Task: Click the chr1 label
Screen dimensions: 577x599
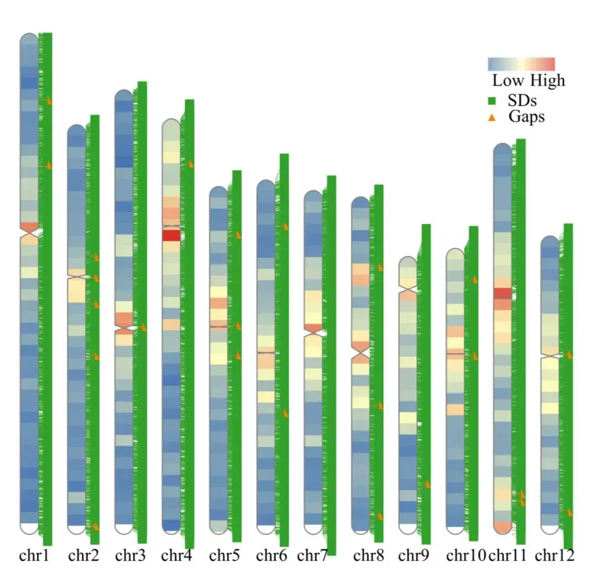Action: point(34,555)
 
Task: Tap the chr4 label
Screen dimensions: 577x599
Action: point(176,555)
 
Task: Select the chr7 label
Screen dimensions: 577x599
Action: point(312,555)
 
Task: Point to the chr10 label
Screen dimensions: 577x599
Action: point(466,555)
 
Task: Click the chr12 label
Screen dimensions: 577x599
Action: point(555,555)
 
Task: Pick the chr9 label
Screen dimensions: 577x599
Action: point(413,555)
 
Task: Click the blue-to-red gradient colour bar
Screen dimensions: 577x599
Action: point(521,64)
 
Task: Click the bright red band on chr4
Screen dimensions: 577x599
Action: point(171,235)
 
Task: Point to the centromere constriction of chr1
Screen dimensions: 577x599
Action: point(29,236)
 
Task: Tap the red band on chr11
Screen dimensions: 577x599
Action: point(502,293)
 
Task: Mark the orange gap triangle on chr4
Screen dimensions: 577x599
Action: point(191,164)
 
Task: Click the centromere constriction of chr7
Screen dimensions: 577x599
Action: point(313,331)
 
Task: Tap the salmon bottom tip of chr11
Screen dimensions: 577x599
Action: point(502,527)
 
